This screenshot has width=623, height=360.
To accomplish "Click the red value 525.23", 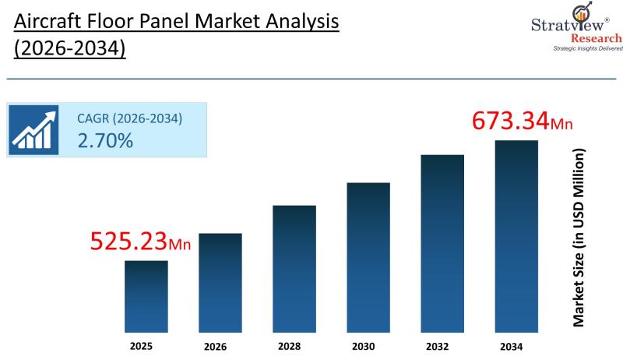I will pos(129,242).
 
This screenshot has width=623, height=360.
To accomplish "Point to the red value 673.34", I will pos(511,122).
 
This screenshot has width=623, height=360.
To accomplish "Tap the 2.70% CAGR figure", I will pos(105,141).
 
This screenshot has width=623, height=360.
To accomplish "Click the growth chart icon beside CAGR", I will pos(34,129).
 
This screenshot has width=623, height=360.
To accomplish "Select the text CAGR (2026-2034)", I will pos(129,119).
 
